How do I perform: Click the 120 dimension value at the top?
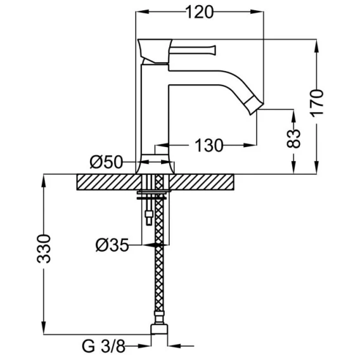[x=199, y=12]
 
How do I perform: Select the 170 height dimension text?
[x=317, y=103]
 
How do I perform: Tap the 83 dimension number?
[x=293, y=139]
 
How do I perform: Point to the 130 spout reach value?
[x=209, y=145]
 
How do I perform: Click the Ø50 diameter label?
[x=106, y=162]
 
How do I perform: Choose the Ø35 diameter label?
[x=112, y=245]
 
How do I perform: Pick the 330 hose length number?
[x=43, y=248]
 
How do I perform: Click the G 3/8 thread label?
[x=103, y=346]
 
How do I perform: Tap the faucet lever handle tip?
[x=214, y=50]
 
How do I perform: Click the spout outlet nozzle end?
[x=254, y=106]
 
